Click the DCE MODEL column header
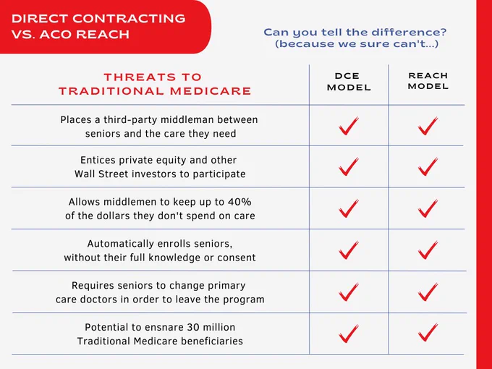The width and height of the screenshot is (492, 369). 349,82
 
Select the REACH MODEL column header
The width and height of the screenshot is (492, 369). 428,81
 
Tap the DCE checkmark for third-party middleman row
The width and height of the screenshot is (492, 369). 348,126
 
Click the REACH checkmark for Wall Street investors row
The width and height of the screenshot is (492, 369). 428,166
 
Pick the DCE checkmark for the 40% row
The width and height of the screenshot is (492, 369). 348,208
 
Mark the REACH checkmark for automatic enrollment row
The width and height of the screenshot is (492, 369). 428,250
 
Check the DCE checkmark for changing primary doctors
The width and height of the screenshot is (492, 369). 348,292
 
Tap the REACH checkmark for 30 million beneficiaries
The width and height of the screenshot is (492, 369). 428,332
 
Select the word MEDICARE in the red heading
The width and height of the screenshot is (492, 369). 211,91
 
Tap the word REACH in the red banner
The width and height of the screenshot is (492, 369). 102,34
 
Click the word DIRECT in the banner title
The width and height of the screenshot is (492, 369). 39,19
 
